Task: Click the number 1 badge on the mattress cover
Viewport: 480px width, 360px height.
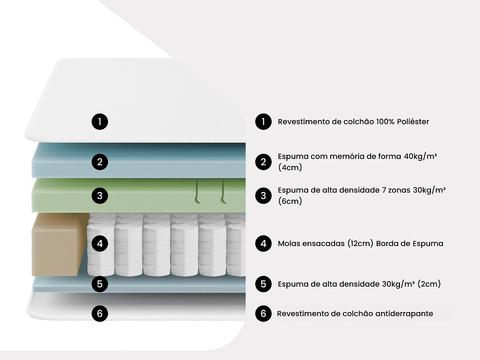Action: [x=100, y=122]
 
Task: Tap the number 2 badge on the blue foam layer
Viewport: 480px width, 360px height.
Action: [x=100, y=162]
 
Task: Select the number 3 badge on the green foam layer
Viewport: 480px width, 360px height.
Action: [x=100, y=196]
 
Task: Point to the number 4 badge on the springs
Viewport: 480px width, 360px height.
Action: [x=100, y=244]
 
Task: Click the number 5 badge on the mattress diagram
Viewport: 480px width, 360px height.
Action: [x=100, y=284]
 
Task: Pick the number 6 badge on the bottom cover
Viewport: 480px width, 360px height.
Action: [x=100, y=314]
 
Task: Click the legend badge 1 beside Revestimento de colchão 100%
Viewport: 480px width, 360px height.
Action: [x=263, y=122]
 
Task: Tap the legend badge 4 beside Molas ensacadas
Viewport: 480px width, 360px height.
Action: [x=263, y=244]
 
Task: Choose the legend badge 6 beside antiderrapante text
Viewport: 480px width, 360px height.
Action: [x=263, y=314]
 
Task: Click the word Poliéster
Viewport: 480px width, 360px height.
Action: [x=413, y=122]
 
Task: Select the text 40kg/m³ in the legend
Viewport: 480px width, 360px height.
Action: [x=420, y=156]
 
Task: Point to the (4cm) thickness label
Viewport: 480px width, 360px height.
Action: [x=290, y=168]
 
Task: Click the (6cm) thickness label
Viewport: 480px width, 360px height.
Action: [x=290, y=201]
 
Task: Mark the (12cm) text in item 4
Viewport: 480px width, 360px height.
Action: [x=360, y=244]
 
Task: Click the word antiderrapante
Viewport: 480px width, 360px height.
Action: [x=404, y=314]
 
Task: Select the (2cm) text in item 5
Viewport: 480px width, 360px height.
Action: [x=429, y=284]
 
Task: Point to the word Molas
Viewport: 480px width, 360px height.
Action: [x=290, y=244]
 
